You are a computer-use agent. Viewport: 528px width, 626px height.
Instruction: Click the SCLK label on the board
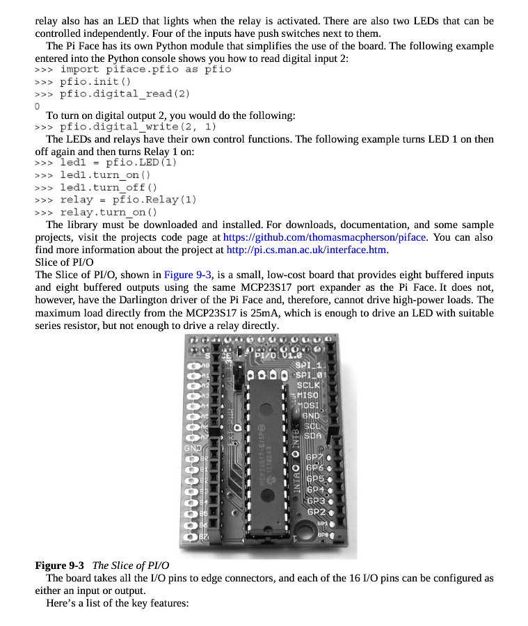tap(308, 385)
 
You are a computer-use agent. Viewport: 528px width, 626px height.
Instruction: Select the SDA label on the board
tap(313, 436)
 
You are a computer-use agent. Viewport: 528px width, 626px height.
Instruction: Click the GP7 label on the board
tap(316, 458)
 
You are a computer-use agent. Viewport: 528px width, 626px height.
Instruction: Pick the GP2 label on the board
tap(317, 512)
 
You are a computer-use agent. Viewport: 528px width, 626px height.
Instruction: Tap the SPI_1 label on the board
tap(310, 365)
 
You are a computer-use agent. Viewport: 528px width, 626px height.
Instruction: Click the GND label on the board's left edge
tap(192, 448)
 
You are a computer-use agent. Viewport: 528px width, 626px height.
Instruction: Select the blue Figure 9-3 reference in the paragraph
tap(188, 275)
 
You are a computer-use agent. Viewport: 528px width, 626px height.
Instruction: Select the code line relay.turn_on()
tap(109, 212)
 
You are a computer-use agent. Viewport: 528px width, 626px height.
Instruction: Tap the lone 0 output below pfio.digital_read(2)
tap(37, 106)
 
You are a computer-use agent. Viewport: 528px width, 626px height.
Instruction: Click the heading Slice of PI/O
tap(64, 262)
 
